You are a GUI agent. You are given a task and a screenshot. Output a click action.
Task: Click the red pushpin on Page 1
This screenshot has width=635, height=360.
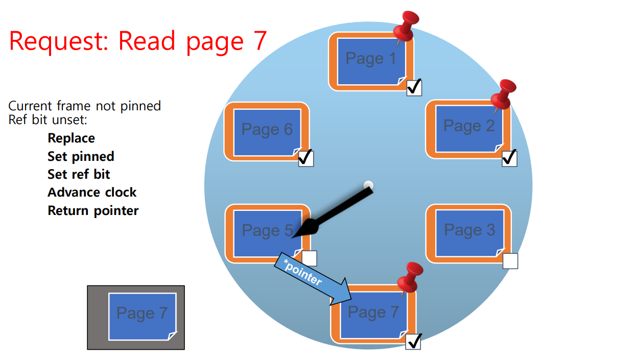[x=407, y=26]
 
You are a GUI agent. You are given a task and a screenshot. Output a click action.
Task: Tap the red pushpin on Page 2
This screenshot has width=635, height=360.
[x=503, y=94]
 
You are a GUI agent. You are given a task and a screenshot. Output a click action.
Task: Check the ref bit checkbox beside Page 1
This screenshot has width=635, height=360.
[x=414, y=87]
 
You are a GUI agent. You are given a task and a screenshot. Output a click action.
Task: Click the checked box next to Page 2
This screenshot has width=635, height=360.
[x=509, y=158]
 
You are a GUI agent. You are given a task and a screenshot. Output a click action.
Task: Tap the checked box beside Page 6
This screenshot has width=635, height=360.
[x=305, y=158]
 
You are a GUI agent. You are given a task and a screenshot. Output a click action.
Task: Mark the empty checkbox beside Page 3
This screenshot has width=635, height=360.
[x=510, y=261]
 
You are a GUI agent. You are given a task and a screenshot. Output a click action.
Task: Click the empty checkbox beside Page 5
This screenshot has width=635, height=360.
[x=309, y=258]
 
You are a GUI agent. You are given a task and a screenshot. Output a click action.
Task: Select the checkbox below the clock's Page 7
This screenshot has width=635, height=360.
[x=413, y=341]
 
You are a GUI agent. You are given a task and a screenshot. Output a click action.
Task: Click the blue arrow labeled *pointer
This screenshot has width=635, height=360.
[x=312, y=278]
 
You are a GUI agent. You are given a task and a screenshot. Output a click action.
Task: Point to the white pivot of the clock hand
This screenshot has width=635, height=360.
[x=368, y=185]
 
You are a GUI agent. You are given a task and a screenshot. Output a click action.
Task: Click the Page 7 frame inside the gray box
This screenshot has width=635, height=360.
[x=142, y=316]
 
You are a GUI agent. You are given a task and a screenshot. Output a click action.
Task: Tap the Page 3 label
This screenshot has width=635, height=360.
[x=469, y=230]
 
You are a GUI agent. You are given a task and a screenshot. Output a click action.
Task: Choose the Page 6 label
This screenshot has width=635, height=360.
[x=267, y=130]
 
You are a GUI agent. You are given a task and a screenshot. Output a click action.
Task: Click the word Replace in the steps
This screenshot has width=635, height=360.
[x=71, y=138]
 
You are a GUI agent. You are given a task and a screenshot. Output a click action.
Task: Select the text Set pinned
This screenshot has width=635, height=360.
[x=81, y=156]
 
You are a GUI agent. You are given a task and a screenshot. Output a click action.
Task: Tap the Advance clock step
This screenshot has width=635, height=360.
[x=92, y=193]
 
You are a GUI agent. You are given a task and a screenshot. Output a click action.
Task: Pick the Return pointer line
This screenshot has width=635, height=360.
[x=93, y=210]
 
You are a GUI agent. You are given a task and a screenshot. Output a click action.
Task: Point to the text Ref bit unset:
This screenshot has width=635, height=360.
[x=48, y=121]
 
